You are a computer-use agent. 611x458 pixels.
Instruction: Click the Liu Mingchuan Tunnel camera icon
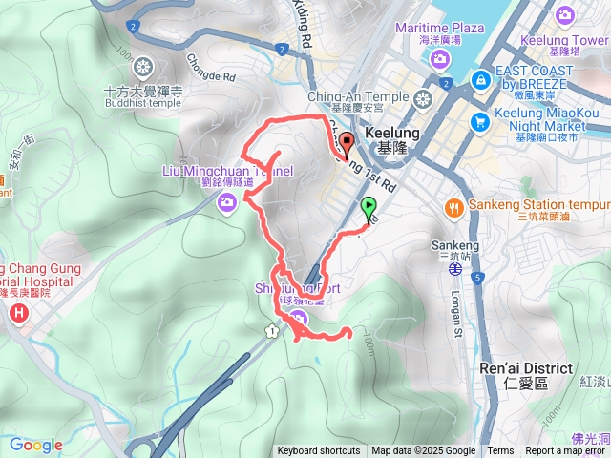click(228, 199)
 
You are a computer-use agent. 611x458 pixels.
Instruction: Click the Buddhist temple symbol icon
click(144, 67)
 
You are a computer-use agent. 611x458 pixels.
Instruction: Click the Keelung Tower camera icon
click(565, 15)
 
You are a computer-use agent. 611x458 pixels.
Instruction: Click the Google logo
click(36, 445)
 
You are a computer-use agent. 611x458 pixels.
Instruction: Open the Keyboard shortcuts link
click(319, 451)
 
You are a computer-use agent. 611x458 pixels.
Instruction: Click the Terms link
click(500, 451)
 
